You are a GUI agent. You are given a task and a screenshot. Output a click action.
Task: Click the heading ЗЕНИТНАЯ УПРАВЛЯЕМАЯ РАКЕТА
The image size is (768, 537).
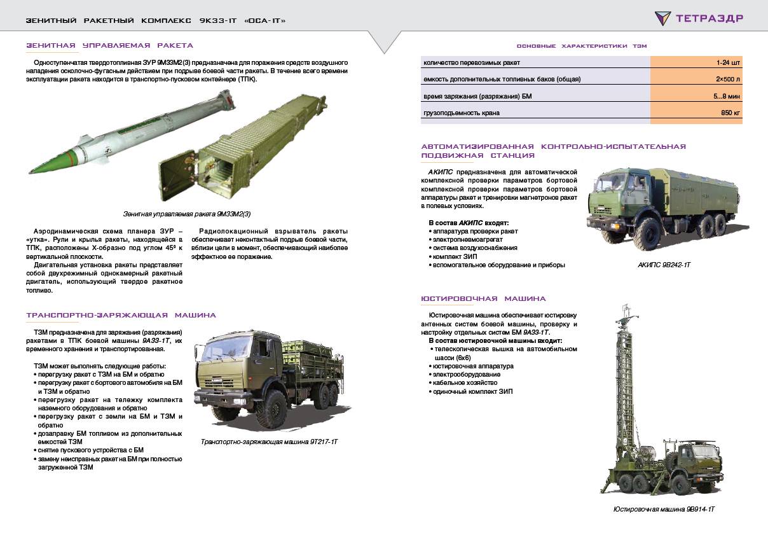[109, 46]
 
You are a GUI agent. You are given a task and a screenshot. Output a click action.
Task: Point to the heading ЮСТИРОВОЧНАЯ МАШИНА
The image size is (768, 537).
[483, 298]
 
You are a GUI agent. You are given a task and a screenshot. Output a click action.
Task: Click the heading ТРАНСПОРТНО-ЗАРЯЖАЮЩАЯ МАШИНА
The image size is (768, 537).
[121, 315]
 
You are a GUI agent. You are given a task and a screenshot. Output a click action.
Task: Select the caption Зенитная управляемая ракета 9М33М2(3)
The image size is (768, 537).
[191, 214]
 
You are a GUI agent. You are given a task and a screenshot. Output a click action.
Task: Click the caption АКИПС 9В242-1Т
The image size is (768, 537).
[663, 264]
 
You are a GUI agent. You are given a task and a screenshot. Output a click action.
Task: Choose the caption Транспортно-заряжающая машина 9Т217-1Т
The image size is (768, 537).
[269, 441]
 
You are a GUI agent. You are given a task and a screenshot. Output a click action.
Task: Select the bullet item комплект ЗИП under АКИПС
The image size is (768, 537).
[454, 256]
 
